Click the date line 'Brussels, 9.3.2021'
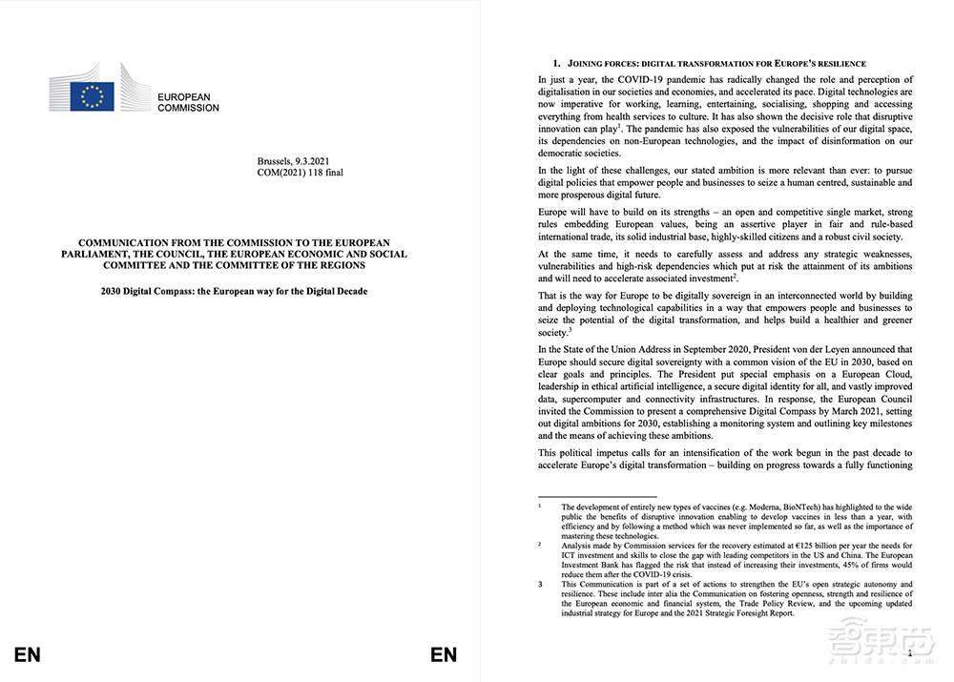tap(293, 161)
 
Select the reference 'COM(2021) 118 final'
tap(301, 173)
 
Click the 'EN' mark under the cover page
tap(28, 654)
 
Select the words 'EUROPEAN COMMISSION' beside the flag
tap(188, 102)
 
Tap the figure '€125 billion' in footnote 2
tap(767, 545)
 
